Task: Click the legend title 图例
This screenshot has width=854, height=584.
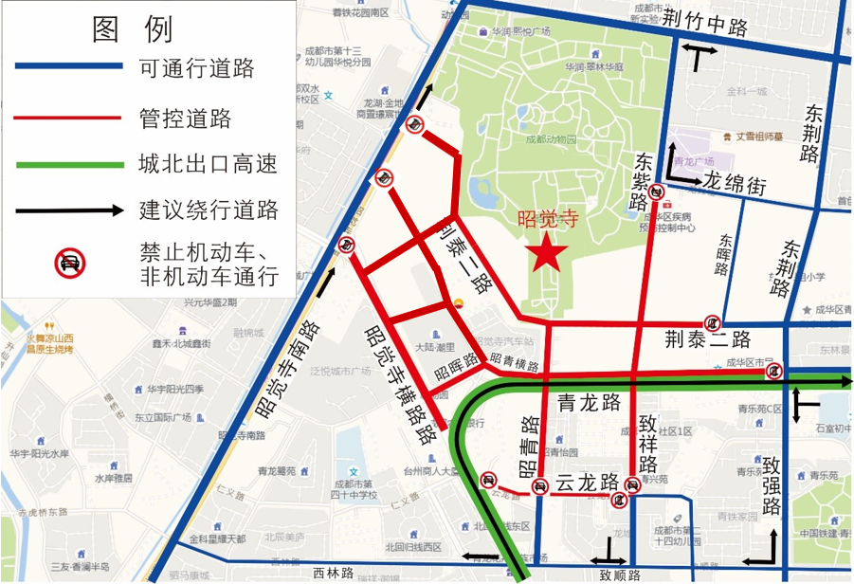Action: pos(133,29)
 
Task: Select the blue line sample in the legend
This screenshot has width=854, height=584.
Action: pos(68,66)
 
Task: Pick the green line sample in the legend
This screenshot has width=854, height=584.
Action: pos(68,164)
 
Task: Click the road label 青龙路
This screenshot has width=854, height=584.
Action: pos(589,401)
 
